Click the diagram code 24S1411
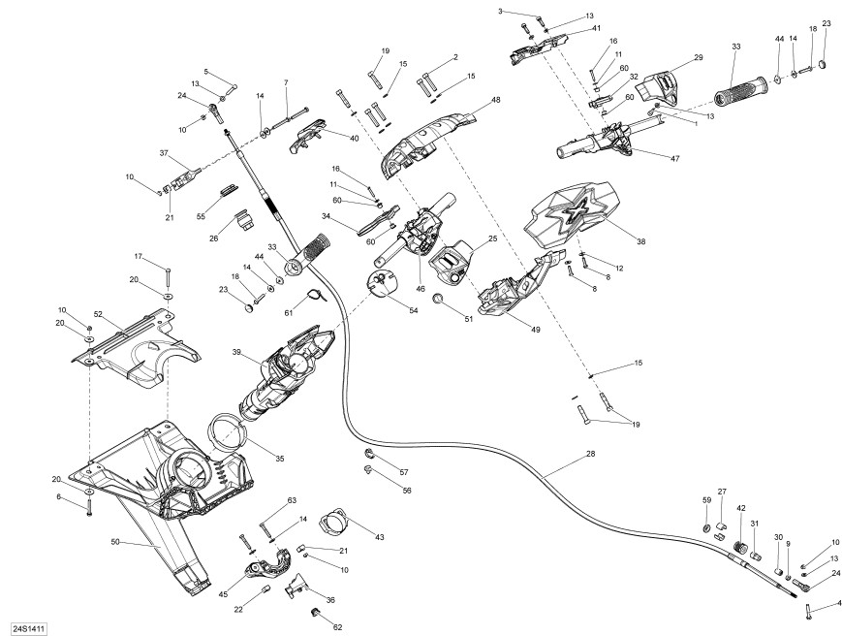[x=26, y=627]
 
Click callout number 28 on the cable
[x=590, y=454]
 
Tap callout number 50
[x=115, y=542]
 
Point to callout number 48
[x=496, y=99]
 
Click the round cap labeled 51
[x=438, y=299]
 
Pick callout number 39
[x=236, y=352]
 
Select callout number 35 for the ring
[x=280, y=459]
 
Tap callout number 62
[x=337, y=627]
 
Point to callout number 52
[x=98, y=314]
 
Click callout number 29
[x=698, y=57]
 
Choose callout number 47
[x=675, y=158]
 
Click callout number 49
[x=535, y=330]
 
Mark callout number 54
[x=413, y=310]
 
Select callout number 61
[x=289, y=312]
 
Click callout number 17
[x=139, y=256]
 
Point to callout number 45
[x=224, y=594]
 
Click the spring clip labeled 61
[x=317, y=295]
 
